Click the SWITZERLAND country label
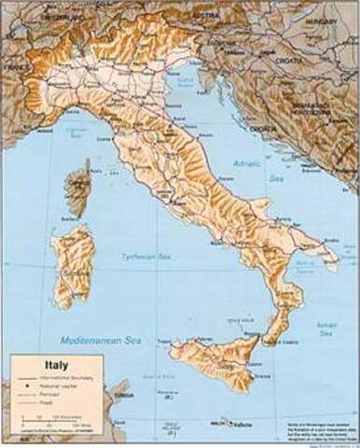pyautogui.click(x=42, y=16)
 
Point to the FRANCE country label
pyautogui.click(x=10, y=68)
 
